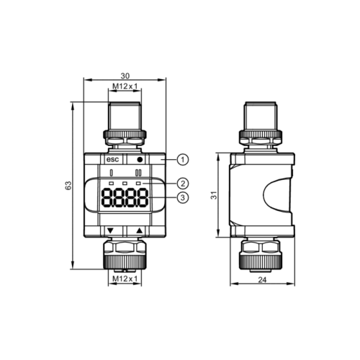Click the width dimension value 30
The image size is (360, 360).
[125, 74]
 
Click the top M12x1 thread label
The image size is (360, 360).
[125, 88]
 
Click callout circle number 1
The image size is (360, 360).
[183, 158]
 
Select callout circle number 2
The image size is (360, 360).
[183, 184]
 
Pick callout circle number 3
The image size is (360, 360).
[183, 197]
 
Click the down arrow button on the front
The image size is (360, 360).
[110, 231]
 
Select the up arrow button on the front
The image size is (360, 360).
[140, 231]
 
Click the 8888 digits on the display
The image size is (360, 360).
[125, 197]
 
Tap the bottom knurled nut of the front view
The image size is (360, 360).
[125, 254]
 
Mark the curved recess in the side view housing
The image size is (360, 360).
[276, 195]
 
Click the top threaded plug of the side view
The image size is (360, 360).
[261, 115]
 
